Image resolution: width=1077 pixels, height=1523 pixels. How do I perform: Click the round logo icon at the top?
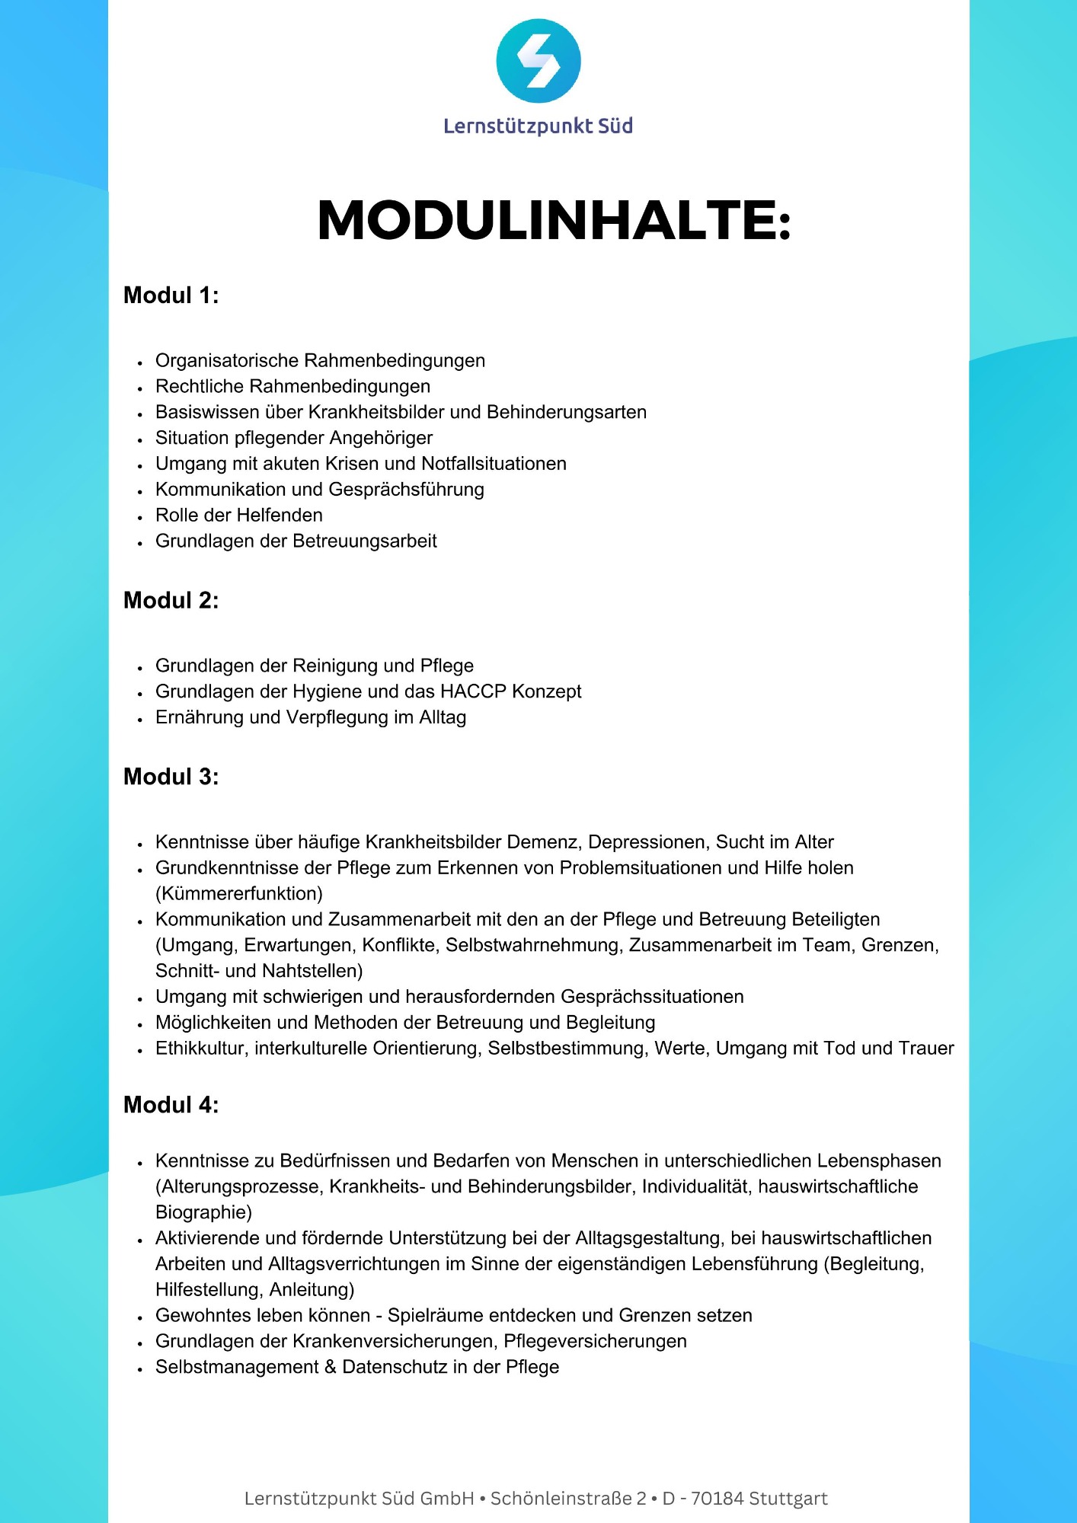pyautogui.click(x=538, y=61)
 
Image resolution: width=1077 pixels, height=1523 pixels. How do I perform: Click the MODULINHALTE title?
pyautogui.click(x=554, y=221)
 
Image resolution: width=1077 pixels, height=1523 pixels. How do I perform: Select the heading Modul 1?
pyautogui.click(x=171, y=295)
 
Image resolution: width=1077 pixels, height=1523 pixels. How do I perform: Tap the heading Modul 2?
pyautogui.click(x=171, y=601)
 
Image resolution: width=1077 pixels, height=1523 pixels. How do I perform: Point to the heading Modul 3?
pyautogui.click(x=171, y=777)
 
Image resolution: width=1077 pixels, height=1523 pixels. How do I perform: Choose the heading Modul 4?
pyautogui.click(x=171, y=1105)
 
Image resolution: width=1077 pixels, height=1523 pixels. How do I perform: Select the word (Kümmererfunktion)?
pyautogui.click(x=239, y=893)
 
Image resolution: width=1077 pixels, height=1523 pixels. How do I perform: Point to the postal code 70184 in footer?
pyautogui.click(x=717, y=1499)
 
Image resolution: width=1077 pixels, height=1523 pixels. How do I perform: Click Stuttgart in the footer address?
pyautogui.click(x=788, y=1499)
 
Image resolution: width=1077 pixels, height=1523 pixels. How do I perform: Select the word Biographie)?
pyautogui.click(x=203, y=1212)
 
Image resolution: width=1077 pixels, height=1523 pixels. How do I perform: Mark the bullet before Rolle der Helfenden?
pyautogui.click(x=140, y=517)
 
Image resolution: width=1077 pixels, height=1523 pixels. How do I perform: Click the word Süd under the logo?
pyautogui.click(x=615, y=126)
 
